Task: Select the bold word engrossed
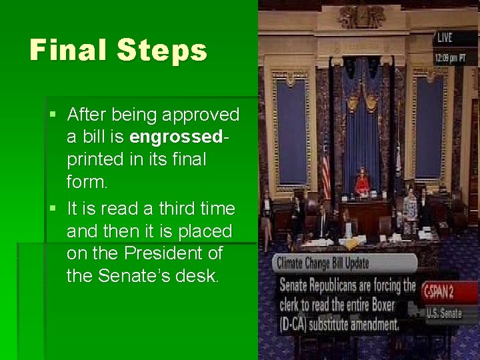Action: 176,137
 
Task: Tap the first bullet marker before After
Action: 53,115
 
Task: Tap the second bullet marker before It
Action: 53,209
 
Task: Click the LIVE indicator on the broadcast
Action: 444,37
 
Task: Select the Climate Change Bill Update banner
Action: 322,263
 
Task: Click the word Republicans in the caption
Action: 352,286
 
